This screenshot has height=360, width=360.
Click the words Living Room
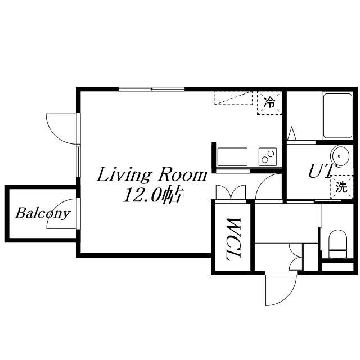[x=152, y=175]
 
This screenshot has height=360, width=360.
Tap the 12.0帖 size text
[x=153, y=195]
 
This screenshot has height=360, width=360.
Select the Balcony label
[x=43, y=214]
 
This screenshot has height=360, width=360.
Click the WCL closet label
[x=233, y=239]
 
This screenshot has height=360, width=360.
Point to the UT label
[x=321, y=171]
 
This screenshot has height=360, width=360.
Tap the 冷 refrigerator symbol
[x=269, y=102]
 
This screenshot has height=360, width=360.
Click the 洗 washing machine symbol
[x=341, y=187]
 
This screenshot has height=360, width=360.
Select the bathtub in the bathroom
[x=337, y=115]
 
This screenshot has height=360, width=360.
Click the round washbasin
[x=340, y=156]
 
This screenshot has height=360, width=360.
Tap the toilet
[x=337, y=244]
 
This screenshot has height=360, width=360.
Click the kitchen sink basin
[x=232, y=156]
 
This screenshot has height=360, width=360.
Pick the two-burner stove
[x=268, y=156]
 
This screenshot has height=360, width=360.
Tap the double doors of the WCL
[x=231, y=192]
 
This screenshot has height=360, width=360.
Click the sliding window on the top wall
[x=152, y=89]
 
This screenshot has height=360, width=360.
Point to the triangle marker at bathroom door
[x=291, y=133]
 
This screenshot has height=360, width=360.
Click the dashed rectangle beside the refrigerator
[x=233, y=98]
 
